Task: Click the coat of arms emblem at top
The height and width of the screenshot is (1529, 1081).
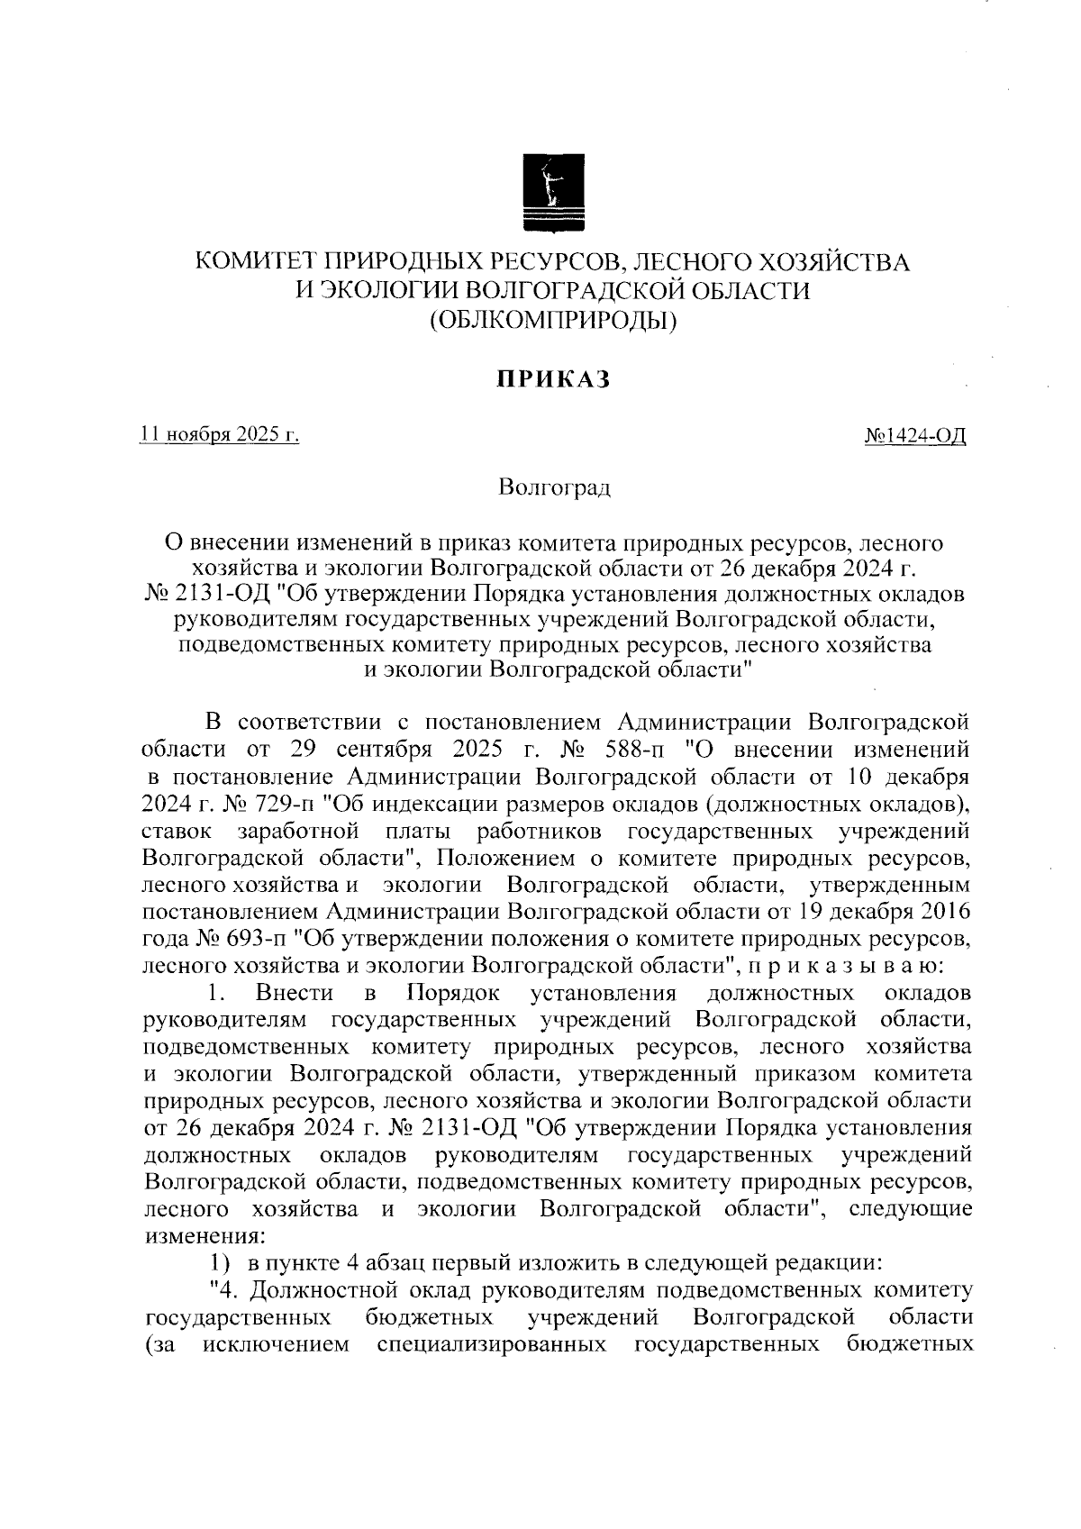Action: click(553, 194)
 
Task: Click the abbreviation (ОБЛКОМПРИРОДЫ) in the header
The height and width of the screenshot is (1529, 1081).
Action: click(553, 317)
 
